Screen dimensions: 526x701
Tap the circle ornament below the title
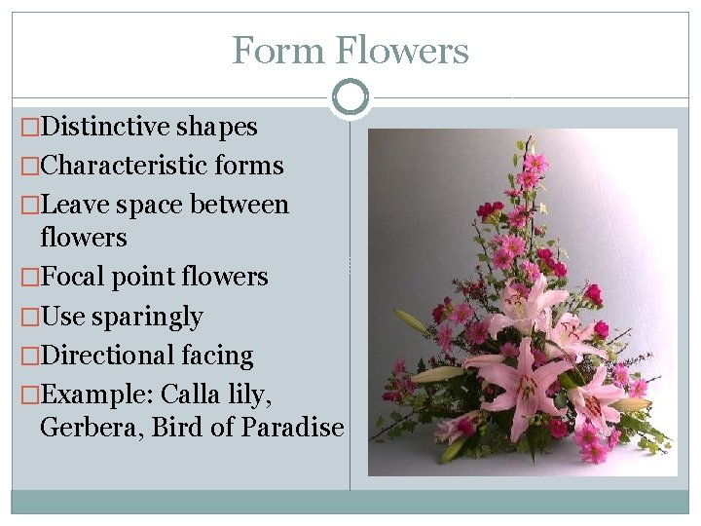tap(350, 97)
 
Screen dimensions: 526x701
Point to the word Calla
tap(190, 394)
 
